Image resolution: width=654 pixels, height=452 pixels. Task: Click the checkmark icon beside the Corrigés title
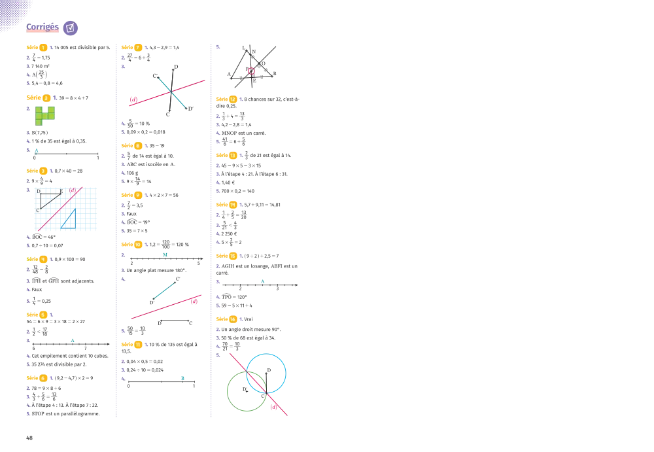coord(71,28)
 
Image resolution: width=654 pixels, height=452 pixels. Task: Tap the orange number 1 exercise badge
coord(43,48)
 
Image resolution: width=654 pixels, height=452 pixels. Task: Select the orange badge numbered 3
coord(43,171)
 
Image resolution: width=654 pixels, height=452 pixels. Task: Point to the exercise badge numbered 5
coord(43,315)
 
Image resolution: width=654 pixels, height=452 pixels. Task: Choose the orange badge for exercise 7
coord(138,48)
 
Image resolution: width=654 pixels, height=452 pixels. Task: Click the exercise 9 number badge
coord(138,195)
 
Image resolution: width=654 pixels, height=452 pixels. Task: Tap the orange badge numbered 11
coord(138,344)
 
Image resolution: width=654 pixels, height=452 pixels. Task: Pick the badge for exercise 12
coord(233,99)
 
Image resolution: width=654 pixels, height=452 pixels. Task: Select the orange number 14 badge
coord(233,205)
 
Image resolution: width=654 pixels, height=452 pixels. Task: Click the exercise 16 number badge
coord(233,319)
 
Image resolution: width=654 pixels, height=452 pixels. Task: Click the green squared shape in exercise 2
coord(45,115)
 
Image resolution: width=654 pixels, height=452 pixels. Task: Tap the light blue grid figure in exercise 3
coord(66,209)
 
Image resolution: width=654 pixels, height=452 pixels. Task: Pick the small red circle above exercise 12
coord(250,71)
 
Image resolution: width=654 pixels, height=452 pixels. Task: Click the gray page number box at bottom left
coord(31,438)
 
